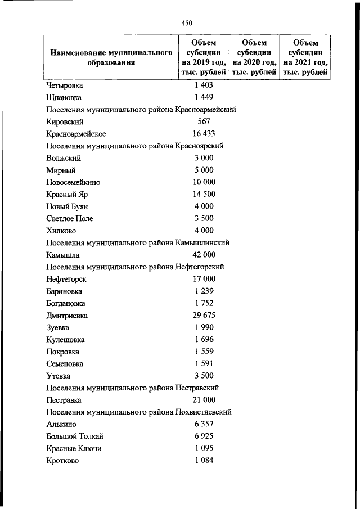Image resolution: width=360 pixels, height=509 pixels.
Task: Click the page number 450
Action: [187, 23]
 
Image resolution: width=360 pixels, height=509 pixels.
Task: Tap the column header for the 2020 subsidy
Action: [254, 57]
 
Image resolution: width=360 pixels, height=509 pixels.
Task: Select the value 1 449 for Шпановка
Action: [204, 98]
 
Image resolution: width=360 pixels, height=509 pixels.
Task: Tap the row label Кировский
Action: [65, 121]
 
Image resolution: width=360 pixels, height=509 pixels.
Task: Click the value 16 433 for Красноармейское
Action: [204, 134]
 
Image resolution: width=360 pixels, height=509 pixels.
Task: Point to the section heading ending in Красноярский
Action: [135, 146]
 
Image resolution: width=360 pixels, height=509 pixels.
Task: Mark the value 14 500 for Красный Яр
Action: [204, 195]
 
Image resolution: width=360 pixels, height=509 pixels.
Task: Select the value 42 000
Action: [204, 255]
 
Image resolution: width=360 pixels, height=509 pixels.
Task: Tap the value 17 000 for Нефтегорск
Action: [204, 279]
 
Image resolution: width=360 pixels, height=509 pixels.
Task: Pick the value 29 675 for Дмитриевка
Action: [204, 315]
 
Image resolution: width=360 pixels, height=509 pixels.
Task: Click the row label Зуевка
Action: [58, 327]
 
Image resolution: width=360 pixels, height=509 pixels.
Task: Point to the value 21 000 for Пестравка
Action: [204, 400]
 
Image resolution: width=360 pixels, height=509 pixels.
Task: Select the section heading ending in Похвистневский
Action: [139, 412]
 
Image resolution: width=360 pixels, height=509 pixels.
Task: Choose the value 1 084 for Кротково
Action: [204, 461]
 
